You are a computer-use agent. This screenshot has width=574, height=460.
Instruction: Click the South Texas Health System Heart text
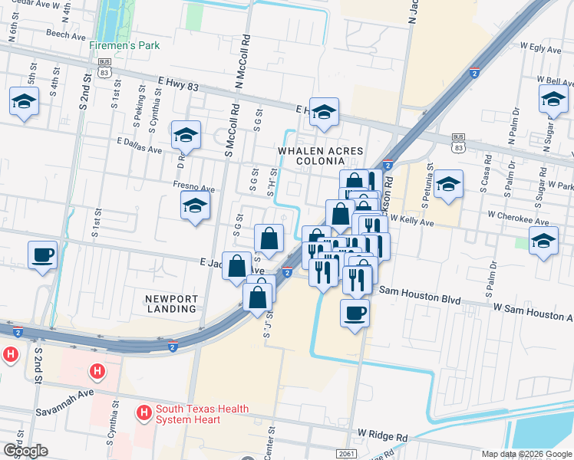click(x=202, y=414)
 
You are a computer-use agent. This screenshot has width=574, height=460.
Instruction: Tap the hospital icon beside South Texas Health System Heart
click(x=143, y=414)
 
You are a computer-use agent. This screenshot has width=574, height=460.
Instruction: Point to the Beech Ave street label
click(x=65, y=35)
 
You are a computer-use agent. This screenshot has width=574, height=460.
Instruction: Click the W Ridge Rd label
click(x=382, y=436)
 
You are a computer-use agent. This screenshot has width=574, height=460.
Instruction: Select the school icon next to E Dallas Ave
click(x=186, y=136)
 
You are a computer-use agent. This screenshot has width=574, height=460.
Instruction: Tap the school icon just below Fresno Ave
click(x=196, y=205)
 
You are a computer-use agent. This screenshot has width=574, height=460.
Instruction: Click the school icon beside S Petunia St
click(x=448, y=185)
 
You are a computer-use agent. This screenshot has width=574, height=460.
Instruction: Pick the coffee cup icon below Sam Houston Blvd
click(x=355, y=313)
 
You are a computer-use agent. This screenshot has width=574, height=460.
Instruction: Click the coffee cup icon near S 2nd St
click(x=42, y=255)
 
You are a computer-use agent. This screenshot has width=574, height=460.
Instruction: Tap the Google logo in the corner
click(x=25, y=451)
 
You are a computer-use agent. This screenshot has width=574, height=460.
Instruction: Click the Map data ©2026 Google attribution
click(x=526, y=454)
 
